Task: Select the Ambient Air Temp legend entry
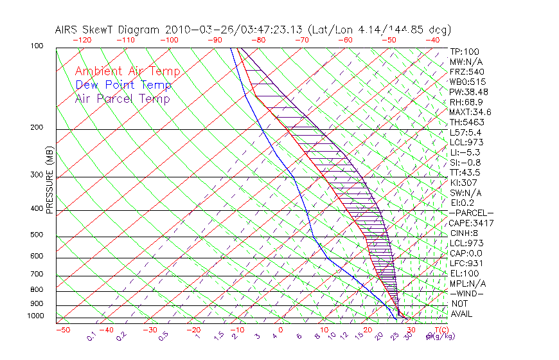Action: (x=127, y=72)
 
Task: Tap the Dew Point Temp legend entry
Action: (x=123, y=85)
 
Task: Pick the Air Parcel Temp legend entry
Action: (x=123, y=99)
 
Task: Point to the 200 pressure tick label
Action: (x=37, y=128)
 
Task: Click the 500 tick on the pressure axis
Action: (x=37, y=235)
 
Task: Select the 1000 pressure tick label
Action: (x=35, y=316)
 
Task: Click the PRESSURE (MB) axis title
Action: (x=49, y=181)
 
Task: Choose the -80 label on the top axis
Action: (x=258, y=40)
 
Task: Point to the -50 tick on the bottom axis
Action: (x=62, y=330)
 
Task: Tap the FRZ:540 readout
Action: (x=466, y=71)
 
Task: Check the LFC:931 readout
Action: (x=466, y=264)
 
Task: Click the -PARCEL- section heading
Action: (x=471, y=213)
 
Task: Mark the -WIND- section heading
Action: (x=466, y=294)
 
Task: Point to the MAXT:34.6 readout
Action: (x=471, y=113)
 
